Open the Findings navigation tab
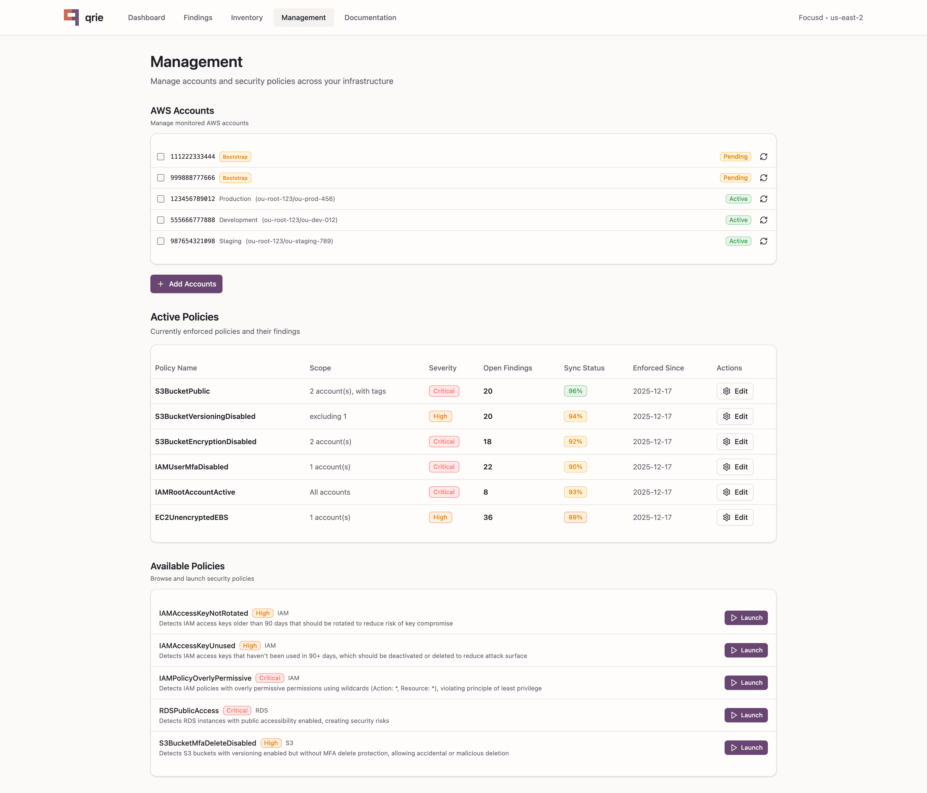(198, 18)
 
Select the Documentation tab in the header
(370, 18)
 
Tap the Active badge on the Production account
(738, 199)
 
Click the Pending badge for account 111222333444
(735, 157)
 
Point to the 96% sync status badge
(575, 391)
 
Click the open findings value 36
(488, 517)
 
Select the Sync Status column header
(584, 368)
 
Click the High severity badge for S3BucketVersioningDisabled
(440, 416)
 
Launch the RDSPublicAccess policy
(746, 715)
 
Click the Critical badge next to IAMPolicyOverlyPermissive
(269, 678)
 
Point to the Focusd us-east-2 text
(830, 18)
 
